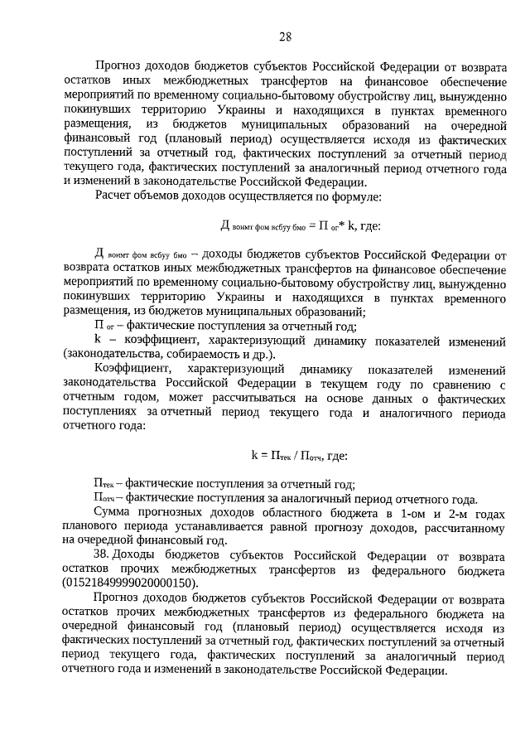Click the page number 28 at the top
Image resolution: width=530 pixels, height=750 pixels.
(284, 36)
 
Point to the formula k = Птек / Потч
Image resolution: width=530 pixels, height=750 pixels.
(299, 455)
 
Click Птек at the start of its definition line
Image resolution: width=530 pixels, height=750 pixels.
(104, 484)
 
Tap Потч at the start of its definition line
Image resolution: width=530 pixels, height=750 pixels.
(104, 498)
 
